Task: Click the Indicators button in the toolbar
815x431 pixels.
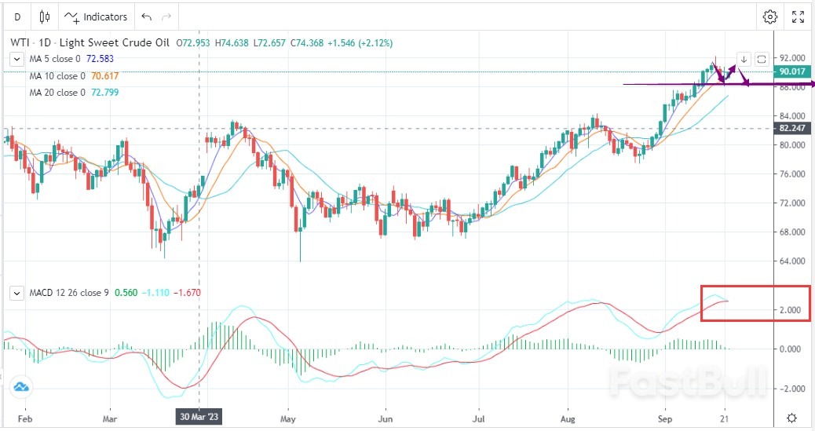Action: [97, 16]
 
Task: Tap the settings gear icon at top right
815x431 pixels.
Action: [770, 16]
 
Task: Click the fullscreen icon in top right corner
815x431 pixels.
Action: [798, 16]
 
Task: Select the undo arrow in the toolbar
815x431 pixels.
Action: [146, 16]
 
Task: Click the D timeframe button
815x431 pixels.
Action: [17, 16]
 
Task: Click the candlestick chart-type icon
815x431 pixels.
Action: [44, 16]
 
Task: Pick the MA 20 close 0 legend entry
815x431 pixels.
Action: [57, 93]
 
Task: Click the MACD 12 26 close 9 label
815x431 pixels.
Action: [69, 293]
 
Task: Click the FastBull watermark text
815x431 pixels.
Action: [688, 382]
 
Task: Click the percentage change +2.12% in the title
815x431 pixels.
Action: [372, 42]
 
